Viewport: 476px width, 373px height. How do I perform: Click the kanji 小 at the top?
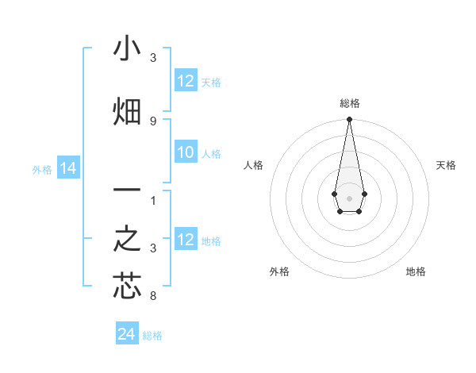(127, 50)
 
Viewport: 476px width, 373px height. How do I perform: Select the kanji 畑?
(127, 112)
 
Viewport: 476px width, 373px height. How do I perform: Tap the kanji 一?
(127, 192)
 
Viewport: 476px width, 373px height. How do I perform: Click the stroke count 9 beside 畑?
(153, 121)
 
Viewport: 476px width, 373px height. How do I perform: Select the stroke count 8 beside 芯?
(153, 297)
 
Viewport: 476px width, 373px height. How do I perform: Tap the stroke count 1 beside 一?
(153, 201)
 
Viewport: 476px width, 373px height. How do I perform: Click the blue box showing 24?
(127, 335)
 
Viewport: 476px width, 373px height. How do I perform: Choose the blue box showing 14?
(67, 169)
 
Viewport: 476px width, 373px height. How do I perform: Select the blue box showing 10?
(186, 153)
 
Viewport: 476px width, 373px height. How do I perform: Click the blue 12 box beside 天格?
(186, 82)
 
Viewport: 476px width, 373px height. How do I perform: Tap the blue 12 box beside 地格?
(186, 240)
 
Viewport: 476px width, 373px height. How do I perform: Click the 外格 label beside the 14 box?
(42, 170)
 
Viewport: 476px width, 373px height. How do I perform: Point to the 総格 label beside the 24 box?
(152, 336)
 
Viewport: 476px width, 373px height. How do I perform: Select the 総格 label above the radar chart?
(350, 103)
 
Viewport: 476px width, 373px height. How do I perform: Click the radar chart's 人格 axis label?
(254, 165)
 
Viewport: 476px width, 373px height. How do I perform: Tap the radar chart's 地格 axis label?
(416, 271)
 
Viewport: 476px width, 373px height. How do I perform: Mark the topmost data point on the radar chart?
(349, 120)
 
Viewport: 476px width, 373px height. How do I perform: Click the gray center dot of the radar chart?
(349, 197)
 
